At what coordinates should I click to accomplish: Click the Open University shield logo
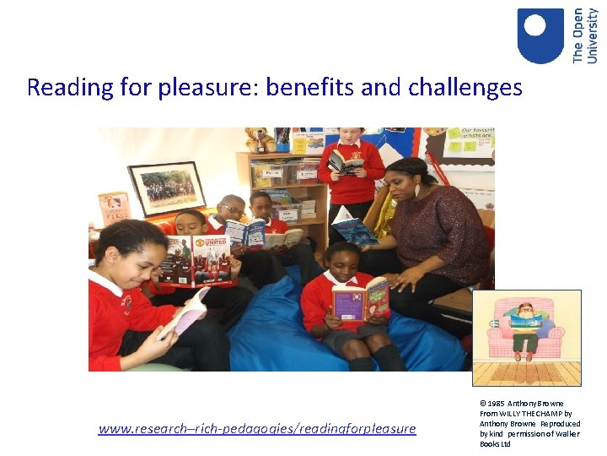pos(540,35)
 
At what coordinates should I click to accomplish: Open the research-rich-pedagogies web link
pos(257,429)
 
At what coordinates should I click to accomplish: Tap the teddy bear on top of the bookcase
pos(260,139)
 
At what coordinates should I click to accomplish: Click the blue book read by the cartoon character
pos(526,319)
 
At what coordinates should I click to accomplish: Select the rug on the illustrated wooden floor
pos(527,365)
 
